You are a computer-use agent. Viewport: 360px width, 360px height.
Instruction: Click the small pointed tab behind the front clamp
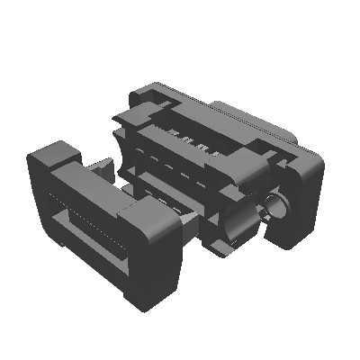[99, 167]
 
